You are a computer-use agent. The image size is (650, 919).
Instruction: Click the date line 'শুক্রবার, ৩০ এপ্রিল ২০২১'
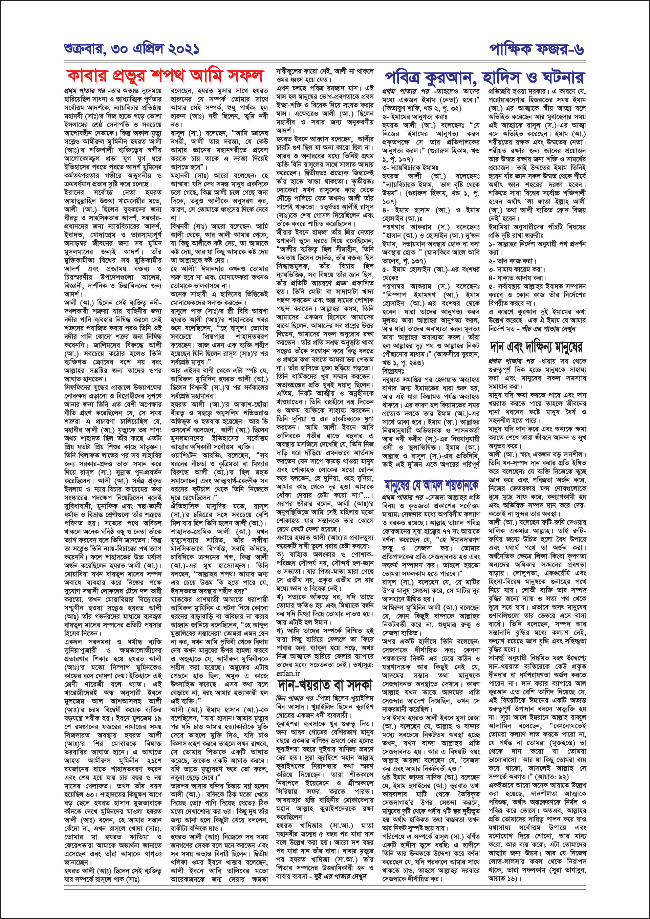132,49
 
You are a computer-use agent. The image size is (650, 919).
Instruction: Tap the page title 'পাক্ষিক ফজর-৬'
536,49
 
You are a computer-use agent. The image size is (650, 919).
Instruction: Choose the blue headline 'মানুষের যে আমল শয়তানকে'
431,485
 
